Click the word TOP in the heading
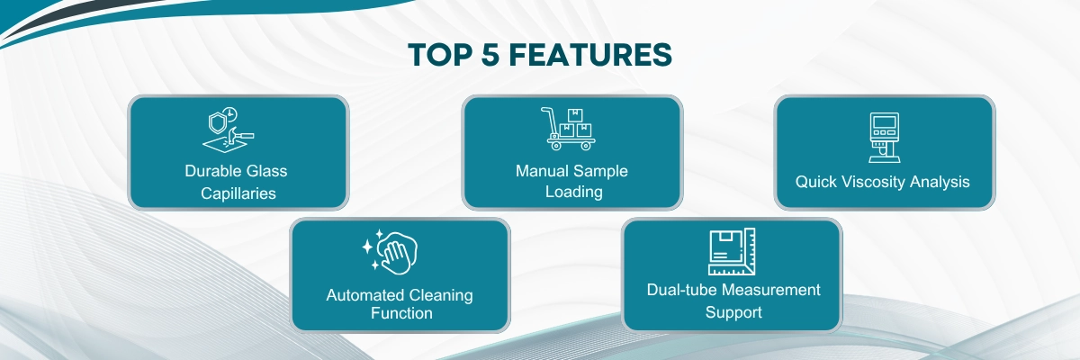click(x=437, y=55)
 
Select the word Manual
click(x=544, y=170)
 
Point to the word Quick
click(x=815, y=182)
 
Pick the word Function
click(x=401, y=313)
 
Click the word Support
click(x=733, y=311)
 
